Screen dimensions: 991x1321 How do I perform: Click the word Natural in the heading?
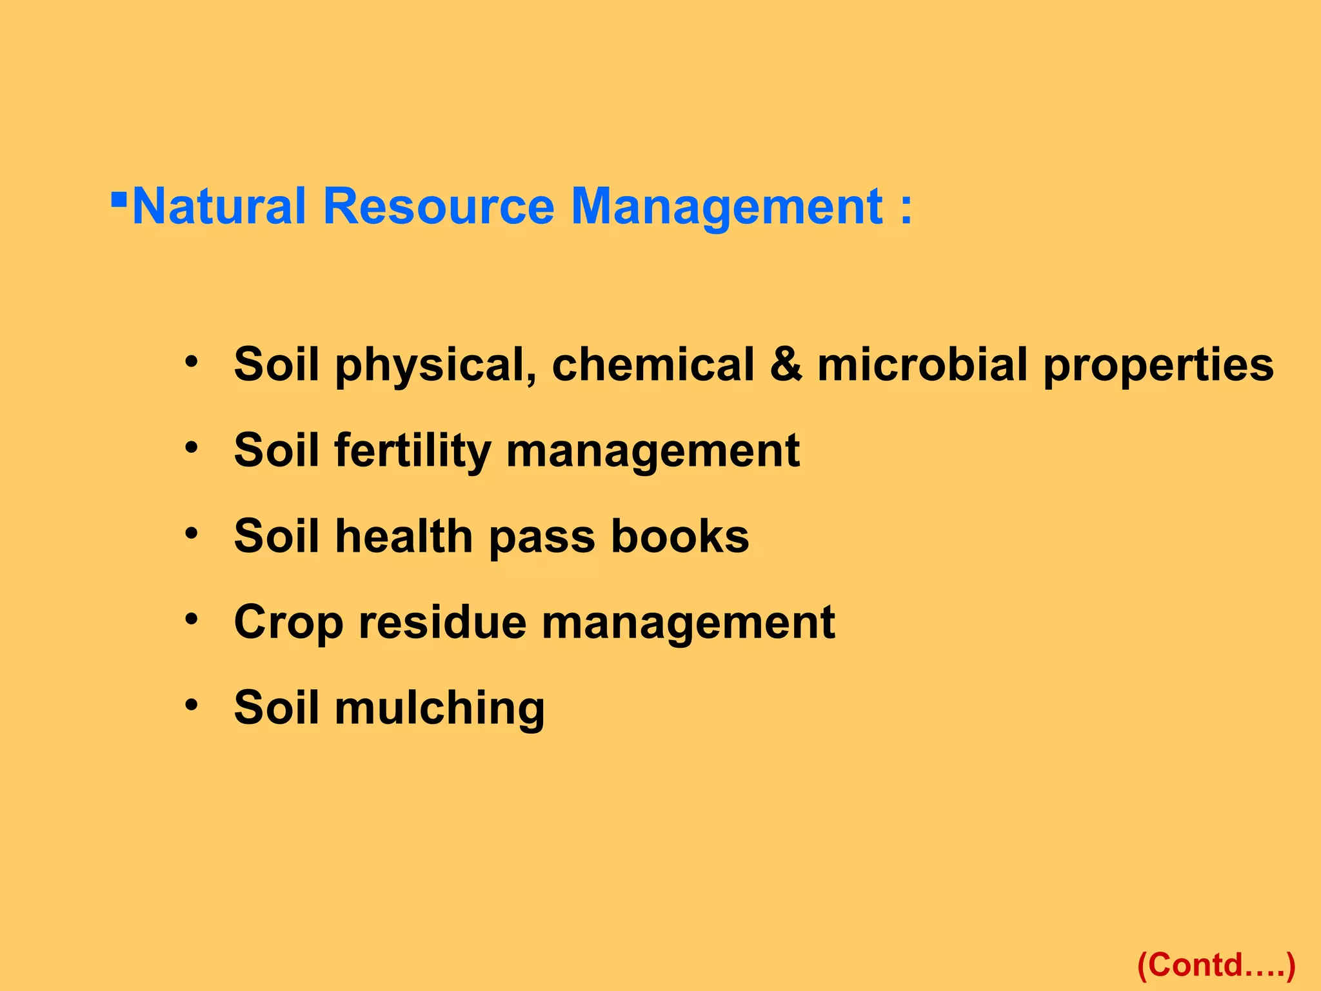(218, 206)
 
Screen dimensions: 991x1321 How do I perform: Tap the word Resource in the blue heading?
(439, 206)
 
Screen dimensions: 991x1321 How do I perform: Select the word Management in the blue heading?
(727, 206)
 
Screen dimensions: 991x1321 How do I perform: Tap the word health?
(404, 536)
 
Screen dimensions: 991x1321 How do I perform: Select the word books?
(680, 536)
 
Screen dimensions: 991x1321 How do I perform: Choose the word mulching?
(439, 708)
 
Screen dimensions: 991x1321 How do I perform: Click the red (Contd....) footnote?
(1216, 965)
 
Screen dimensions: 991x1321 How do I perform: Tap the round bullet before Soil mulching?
(191, 705)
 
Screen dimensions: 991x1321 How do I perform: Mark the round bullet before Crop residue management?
(191, 619)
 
